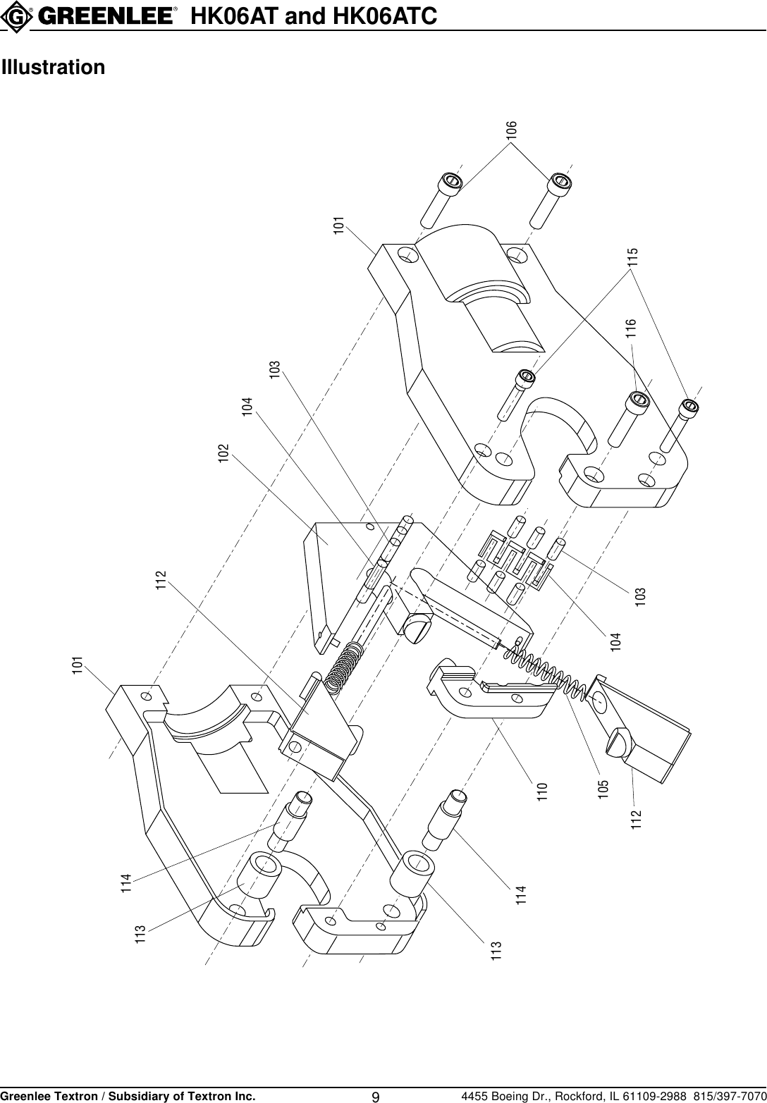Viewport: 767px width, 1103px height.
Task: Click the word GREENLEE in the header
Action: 110,16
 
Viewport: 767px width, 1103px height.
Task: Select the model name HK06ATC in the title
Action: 390,16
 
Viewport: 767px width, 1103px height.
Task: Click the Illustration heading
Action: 54,68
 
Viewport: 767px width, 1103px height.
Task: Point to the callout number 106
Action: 513,129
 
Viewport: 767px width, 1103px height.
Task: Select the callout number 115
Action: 632,257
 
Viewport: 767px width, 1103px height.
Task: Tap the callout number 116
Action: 631,328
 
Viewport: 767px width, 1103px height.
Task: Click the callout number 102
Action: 223,452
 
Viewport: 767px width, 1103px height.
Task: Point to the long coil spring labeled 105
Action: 543,675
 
